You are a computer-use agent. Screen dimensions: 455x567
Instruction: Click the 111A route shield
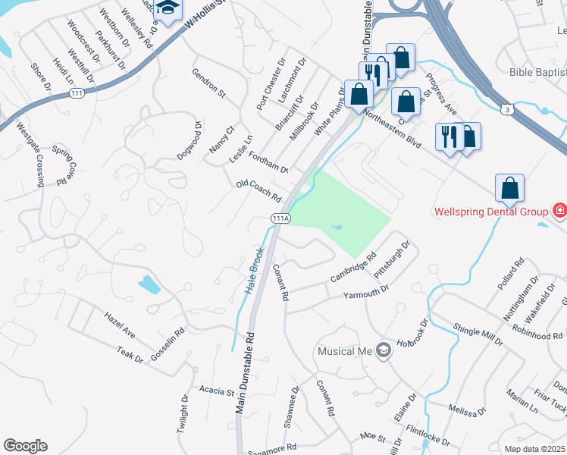click(280, 218)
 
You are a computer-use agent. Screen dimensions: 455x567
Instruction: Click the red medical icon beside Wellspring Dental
click(559, 210)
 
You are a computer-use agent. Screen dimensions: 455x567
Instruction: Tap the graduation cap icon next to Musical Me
click(384, 350)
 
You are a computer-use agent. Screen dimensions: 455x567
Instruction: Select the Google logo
click(25, 446)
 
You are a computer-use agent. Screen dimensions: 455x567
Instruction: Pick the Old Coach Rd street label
click(258, 191)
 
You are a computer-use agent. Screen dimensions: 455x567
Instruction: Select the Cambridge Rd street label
click(353, 268)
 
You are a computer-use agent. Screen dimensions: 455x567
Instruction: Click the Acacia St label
click(217, 391)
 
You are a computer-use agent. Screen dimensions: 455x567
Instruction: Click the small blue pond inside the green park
click(337, 226)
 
